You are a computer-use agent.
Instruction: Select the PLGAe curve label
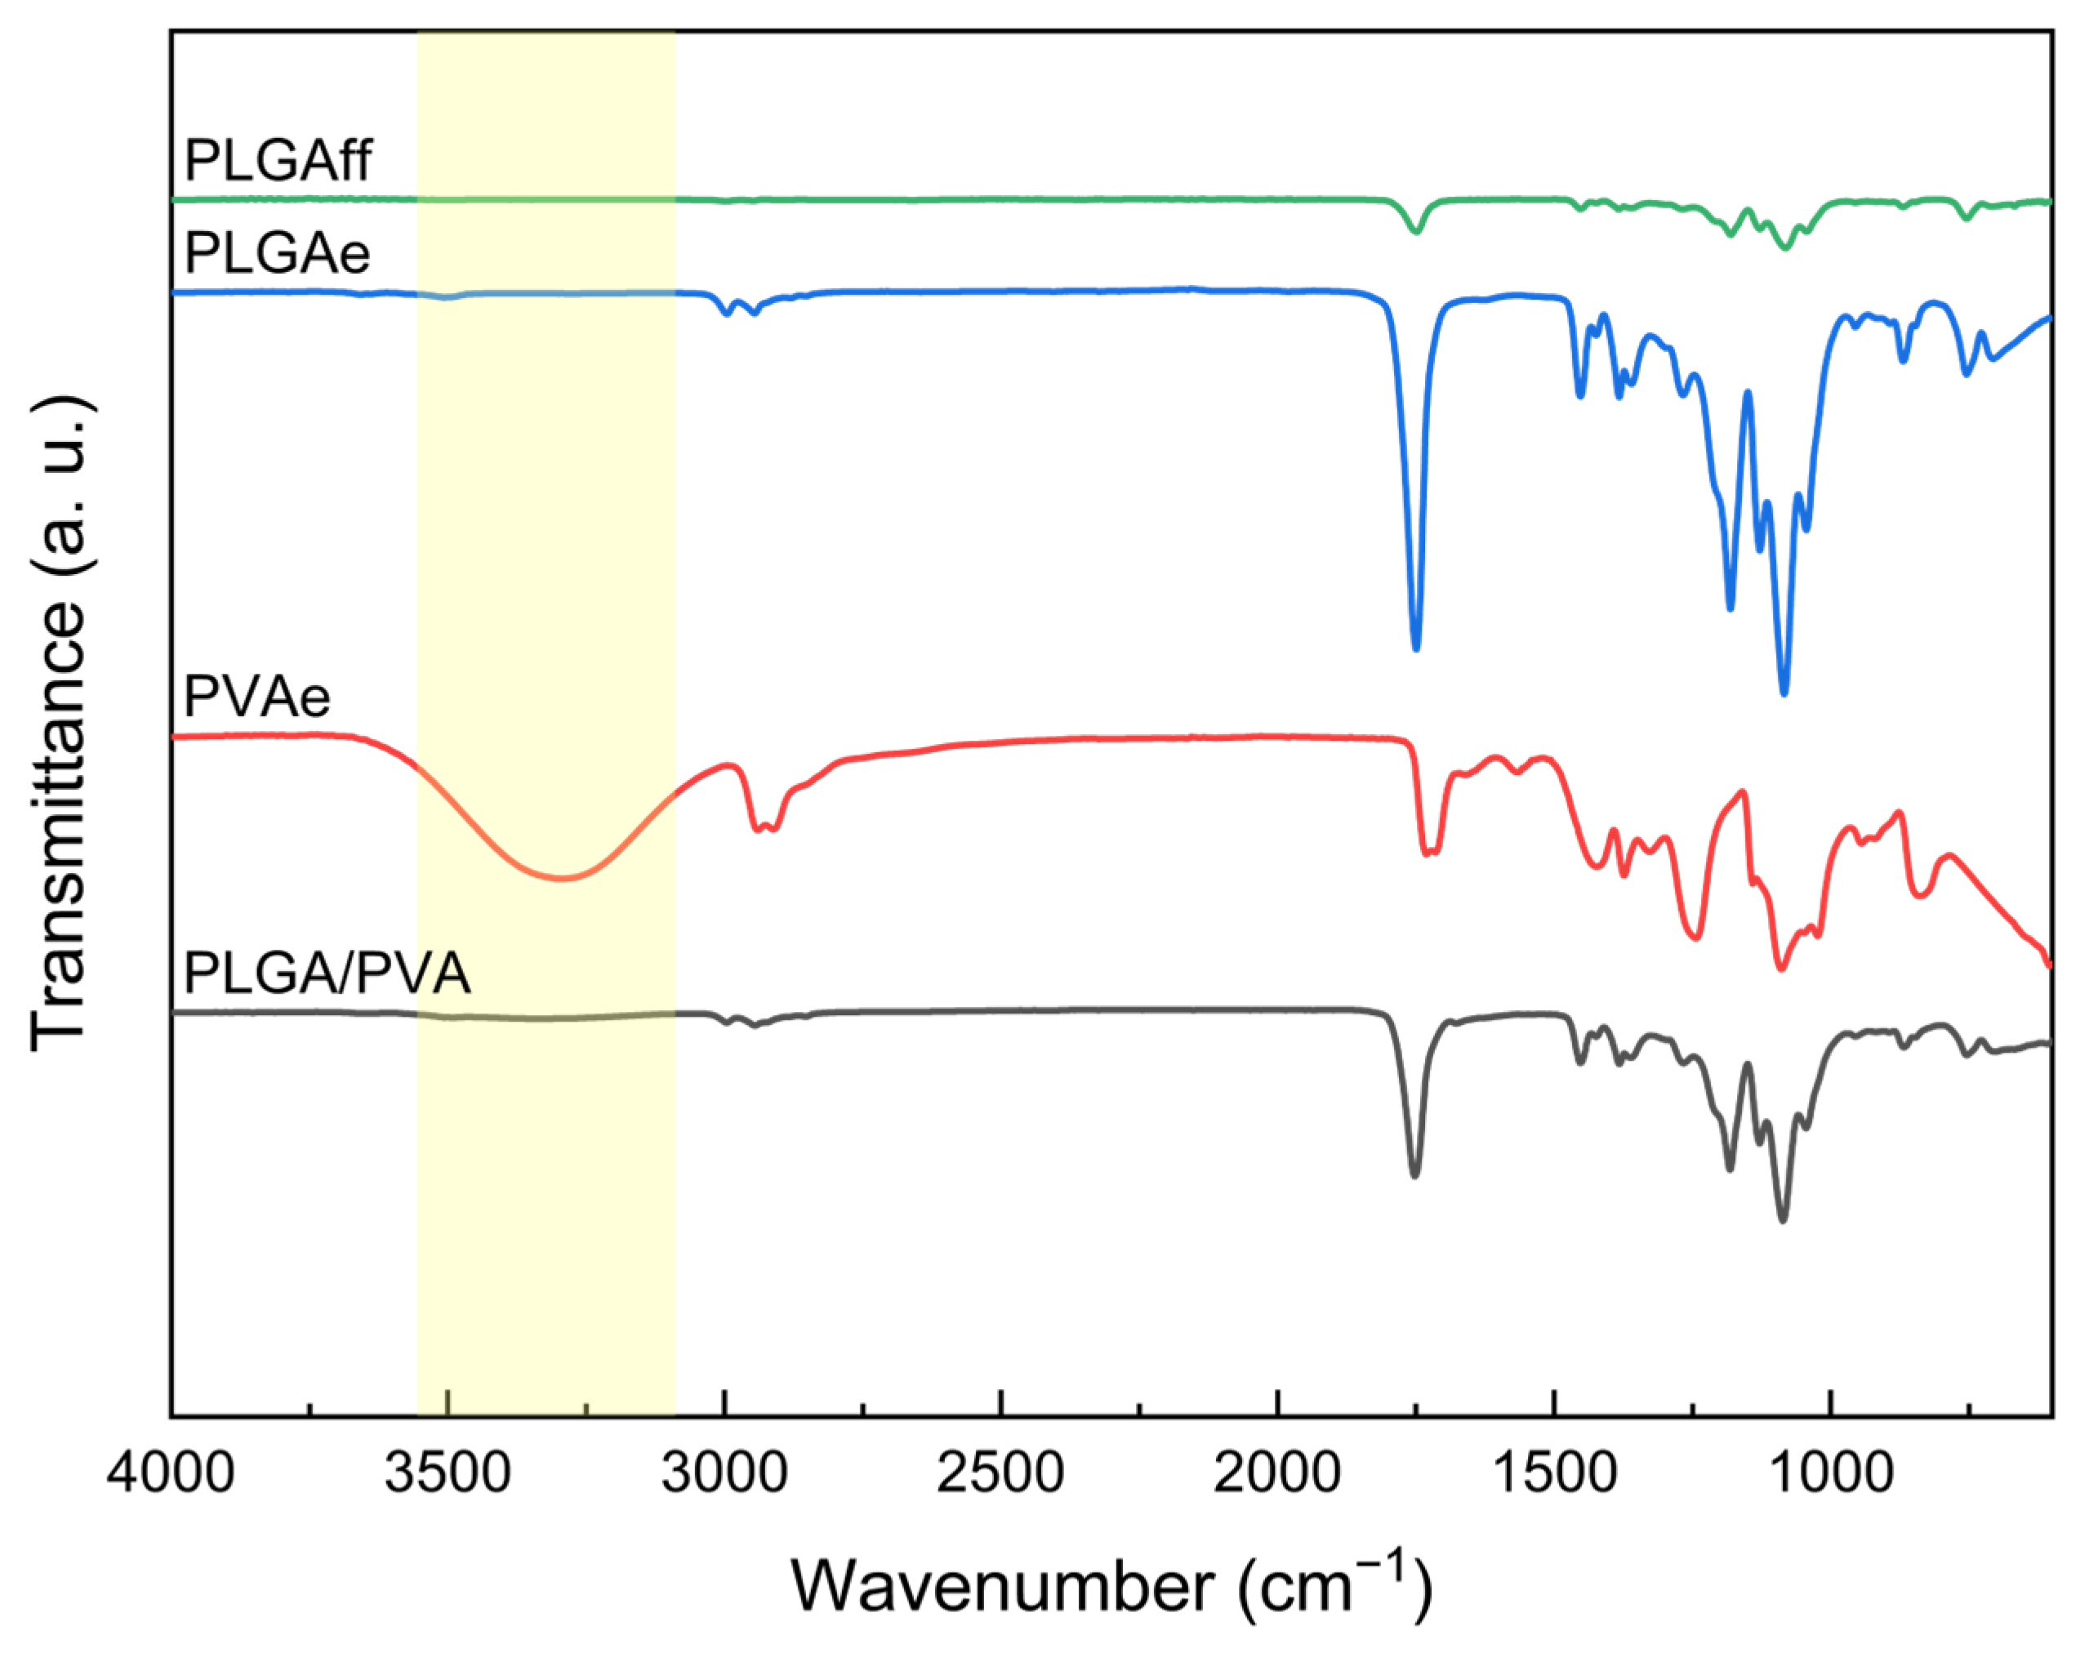[x=277, y=253]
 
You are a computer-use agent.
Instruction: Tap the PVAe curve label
[x=256, y=696]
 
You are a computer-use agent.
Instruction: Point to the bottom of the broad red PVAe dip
[x=561, y=878]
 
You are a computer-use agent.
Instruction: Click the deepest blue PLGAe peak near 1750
[x=1415, y=648]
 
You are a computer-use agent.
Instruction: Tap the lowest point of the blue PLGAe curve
[x=1784, y=693]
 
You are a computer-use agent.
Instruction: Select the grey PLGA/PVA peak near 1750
[x=1414, y=1175]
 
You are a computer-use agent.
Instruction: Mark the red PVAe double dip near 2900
[x=765, y=828]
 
